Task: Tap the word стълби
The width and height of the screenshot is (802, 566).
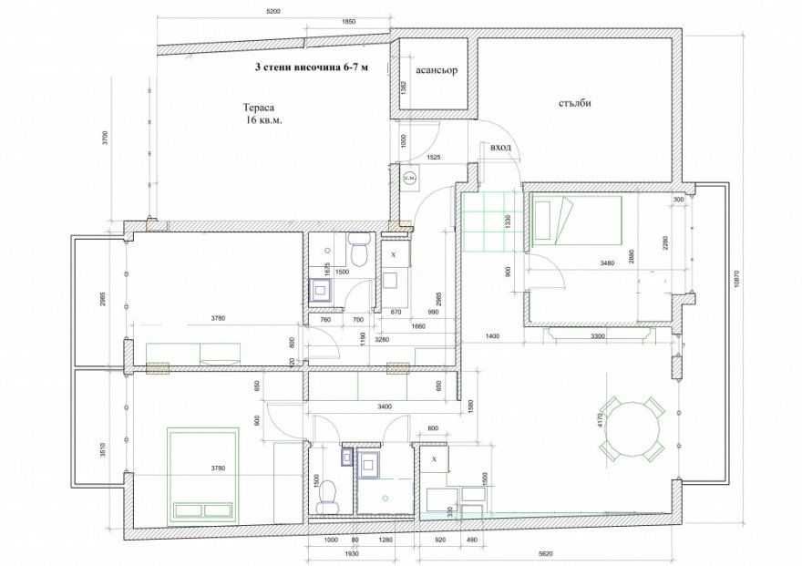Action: [575, 103]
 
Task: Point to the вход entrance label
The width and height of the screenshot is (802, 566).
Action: [500, 148]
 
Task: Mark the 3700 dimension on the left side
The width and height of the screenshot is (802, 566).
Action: [106, 139]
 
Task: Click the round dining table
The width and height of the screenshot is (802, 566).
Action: [632, 426]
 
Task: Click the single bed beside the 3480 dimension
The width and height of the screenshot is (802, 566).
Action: [573, 222]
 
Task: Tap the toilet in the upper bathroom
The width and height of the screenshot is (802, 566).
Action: [358, 251]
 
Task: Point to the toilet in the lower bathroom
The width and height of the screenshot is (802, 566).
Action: [326, 492]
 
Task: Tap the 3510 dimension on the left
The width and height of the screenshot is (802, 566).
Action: [106, 448]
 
